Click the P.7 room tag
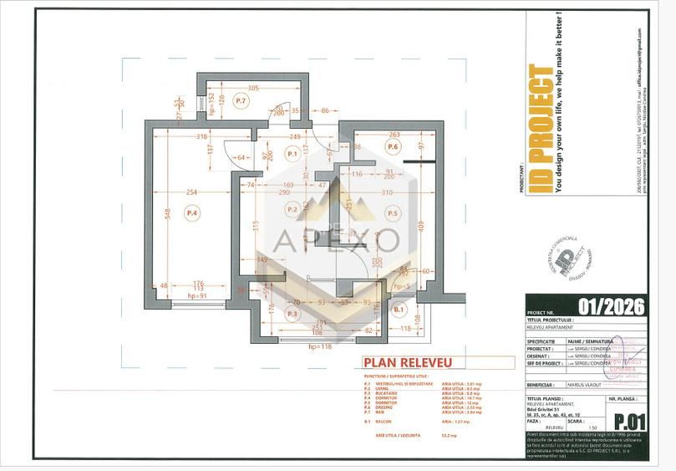tap(240, 101)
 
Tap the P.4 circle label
tap(191, 213)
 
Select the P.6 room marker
tap(393, 146)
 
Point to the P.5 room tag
tap(393, 213)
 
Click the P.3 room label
tap(292, 314)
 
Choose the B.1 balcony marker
tap(399, 310)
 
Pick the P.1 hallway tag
tap(292, 154)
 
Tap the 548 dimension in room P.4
tap(167, 213)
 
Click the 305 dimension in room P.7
tap(253, 88)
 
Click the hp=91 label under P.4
tap(197, 295)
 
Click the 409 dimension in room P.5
tap(420, 224)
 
